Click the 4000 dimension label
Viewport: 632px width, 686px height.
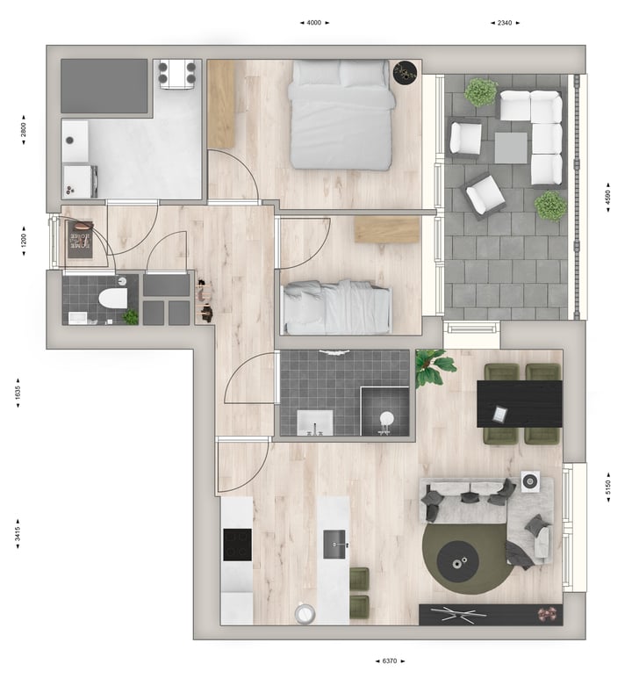pyautogui.click(x=314, y=23)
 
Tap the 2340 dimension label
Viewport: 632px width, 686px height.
pyautogui.click(x=505, y=23)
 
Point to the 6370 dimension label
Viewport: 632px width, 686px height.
pyautogui.click(x=390, y=661)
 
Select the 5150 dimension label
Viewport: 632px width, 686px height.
pyautogui.click(x=608, y=487)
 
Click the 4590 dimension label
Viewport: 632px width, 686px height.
pyautogui.click(x=607, y=198)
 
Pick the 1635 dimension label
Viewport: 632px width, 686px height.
pyautogui.click(x=18, y=393)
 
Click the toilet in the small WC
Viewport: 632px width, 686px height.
pyautogui.click(x=113, y=299)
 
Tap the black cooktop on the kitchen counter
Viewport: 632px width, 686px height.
pyautogui.click(x=237, y=545)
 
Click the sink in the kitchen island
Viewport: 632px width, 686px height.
pyautogui.click(x=334, y=545)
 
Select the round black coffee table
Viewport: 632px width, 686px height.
pyautogui.click(x=457, y=562)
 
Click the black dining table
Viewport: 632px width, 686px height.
pyautogui.click(x=520, y=404)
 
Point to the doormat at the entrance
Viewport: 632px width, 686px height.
pyautogui.click(x=80, y=239)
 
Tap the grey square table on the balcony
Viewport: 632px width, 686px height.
pyautogui.click(x=511, y=148)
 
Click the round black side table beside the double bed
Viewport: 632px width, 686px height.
pyautogui.click(x=406, y=72)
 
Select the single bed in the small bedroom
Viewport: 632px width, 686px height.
pyautogui.click(x=337, y=307)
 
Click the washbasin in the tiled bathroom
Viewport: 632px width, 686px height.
pyautogui.click(x=315, y=422)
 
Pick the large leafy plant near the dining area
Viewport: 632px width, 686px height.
pyautogui.click(x=434, y=366)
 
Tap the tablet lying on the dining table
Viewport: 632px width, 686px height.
pyautogui.click(x=500, y=414)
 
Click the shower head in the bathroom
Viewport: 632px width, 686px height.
pyautogui.click(x=386, y=419)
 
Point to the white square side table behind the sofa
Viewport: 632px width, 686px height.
pyautogui.click(x=530, y=481)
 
